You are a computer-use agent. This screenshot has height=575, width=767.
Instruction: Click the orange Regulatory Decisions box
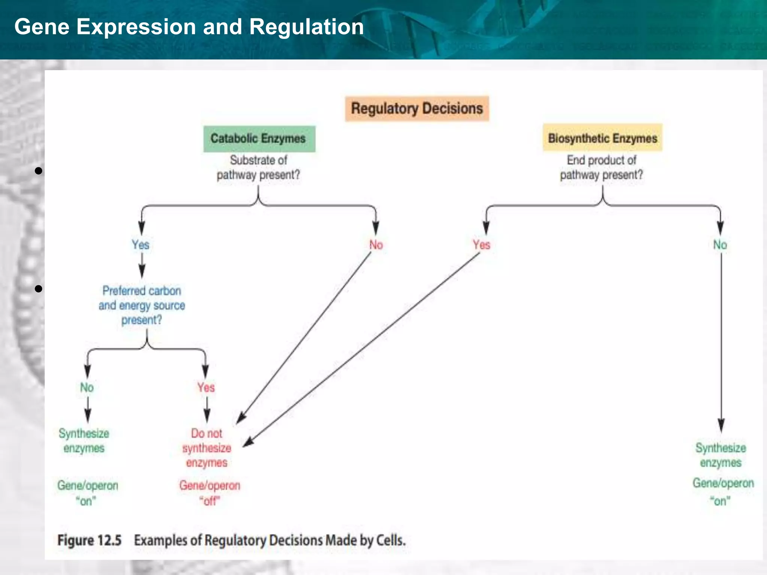tap(417, 109)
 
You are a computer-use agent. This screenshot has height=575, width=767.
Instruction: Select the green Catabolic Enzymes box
tap(259, 139)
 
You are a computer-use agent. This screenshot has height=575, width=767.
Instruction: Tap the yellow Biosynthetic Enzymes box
tap(602, 138)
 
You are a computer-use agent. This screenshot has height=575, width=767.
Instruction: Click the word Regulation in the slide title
tap(306, 27)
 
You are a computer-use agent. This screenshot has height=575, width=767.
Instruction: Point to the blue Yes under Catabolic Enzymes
tap(140, 245)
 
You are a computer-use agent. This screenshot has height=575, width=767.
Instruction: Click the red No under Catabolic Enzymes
tap(376, 245)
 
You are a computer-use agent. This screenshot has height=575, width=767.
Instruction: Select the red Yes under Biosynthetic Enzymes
tap(481, 245)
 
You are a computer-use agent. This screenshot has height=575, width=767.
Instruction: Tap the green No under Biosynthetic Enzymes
tap(720, 245)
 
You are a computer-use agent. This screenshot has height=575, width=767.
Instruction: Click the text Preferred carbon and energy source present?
tap(142, 305)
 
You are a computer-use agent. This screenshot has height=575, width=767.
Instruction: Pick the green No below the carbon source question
tap(87, 387)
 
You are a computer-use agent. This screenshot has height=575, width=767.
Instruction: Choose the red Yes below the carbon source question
tap(206, 387)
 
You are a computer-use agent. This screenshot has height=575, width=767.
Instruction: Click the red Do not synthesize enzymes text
tap(207, 448)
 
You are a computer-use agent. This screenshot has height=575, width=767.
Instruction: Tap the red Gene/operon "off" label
tap(210, 493)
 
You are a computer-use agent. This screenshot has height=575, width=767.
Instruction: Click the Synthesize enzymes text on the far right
tap(721, 455)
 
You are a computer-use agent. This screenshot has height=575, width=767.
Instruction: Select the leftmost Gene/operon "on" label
tap(87, 493)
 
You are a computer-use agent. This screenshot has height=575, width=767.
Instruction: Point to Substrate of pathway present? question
tap(258, 167)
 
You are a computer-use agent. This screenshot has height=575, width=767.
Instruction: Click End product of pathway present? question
tap(601, 167)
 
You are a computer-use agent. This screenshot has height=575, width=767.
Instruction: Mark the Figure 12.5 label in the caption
tap(90, 540)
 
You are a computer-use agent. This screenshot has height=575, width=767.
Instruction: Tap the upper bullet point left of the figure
tap(38, 171)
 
